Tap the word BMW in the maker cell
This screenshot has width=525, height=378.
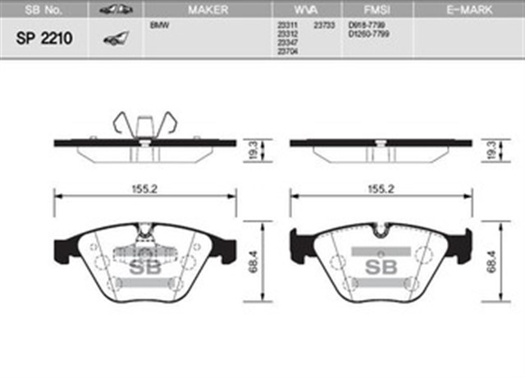[159, 25]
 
